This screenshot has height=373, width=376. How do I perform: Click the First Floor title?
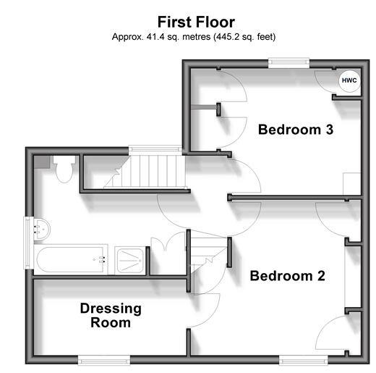pos(196,22)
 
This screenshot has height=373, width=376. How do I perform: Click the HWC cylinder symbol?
pos(349,80)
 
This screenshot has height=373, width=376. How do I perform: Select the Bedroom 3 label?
pos(296,130)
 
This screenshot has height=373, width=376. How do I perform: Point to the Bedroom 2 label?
pos(287,276)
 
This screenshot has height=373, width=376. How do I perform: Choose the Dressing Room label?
pos(111,315)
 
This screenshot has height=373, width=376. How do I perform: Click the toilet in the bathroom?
pos(64,169)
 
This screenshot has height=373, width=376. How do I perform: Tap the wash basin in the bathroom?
pos(42,230)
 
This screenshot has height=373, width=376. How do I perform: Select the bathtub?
pos(71,259)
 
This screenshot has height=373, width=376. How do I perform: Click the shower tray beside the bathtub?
pos(130,261)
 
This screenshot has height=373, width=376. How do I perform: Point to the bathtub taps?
pos(102,259)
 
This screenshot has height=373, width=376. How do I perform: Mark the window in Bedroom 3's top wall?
pos(289,63)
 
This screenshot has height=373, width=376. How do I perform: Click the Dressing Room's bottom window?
pos(104,360)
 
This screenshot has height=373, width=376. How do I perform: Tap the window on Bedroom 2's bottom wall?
pos(304,360)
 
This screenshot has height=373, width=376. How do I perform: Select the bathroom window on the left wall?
pos(28,243)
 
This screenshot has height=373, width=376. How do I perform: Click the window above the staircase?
pos(155,150)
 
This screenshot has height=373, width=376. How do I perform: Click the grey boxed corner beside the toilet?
pos(42,162)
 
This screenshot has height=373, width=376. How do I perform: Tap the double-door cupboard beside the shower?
pos(168,253)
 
